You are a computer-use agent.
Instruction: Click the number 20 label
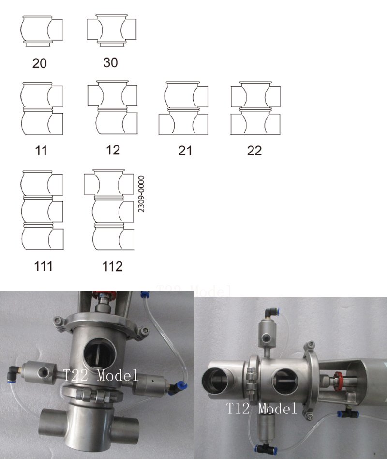coord(40,63)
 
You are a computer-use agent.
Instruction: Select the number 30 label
coord(110,63)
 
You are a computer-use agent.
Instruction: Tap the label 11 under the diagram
coord(41,151)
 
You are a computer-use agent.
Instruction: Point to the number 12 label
coord(112,150)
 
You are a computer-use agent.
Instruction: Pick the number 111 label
coord(43,266)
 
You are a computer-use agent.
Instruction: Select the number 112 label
coord(113,266)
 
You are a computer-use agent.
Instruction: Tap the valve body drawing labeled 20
coord(43,31)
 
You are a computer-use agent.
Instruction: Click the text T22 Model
coord(101,375)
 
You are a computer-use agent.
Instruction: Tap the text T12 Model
coord(262,409)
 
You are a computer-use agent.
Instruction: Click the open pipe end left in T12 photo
coord(218,381)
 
